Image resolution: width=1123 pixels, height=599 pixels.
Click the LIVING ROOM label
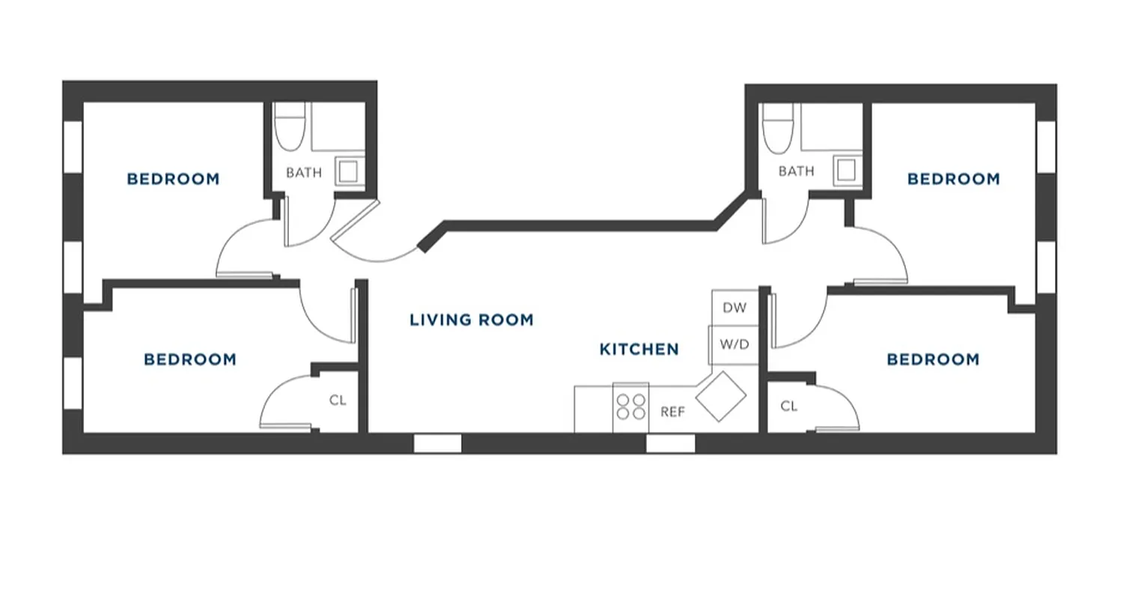[471, 320]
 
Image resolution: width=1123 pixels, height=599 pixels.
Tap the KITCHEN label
[639, 349]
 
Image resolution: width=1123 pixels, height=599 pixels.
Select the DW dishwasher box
[734, 308]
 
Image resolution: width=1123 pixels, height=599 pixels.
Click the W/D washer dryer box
[734, 345]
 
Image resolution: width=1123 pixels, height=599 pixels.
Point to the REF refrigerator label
[672, 412]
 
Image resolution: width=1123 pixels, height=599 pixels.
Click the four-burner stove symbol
[630, 407]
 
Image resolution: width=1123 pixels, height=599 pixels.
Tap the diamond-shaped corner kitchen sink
[721, 396]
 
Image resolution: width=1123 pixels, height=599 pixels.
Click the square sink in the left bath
[348, 171]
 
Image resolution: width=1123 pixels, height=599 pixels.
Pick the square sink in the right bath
[846, 171]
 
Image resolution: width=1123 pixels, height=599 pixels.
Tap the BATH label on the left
[304, 173]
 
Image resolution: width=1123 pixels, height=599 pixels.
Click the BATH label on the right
[796, 171]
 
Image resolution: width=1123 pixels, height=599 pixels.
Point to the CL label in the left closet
[338, 401]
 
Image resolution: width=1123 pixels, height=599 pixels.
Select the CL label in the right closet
[789, 407]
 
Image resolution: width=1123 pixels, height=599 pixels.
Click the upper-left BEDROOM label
[173, 179]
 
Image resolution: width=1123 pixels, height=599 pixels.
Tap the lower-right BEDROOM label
[932, 359]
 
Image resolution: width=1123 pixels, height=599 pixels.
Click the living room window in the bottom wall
[437, 443]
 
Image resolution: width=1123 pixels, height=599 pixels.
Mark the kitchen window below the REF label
[670, 443]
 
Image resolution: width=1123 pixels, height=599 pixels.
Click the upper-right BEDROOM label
[953, 179]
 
